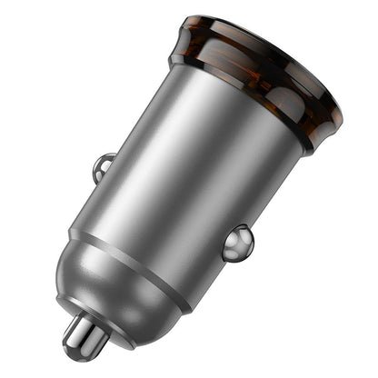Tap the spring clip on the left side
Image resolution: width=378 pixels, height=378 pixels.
[x=104, y=166]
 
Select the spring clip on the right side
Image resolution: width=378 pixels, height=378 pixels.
[x=237, y=243]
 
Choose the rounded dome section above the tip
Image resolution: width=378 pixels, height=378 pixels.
[x=100, y=282]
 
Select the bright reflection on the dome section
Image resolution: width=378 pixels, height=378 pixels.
[x=77, y=273]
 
